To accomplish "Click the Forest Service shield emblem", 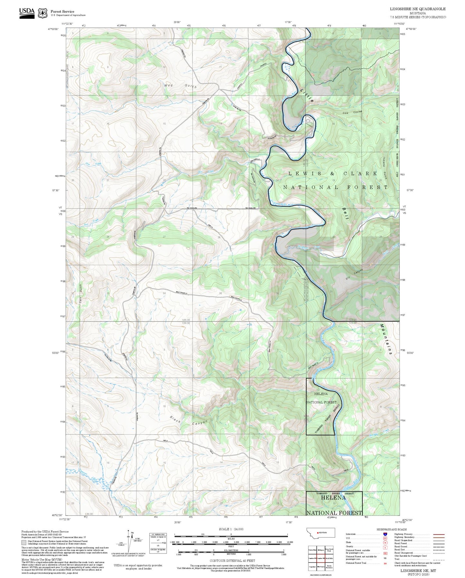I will [x=42, y=13].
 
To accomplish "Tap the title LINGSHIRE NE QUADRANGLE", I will [x=418, y=9].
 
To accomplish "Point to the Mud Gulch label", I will [x=180, y=86].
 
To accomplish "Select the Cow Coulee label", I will [x=352, y=113].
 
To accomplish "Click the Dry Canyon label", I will [x=354, y=274].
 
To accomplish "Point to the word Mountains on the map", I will [x=386, y=339].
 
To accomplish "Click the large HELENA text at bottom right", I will [x=333, y=497].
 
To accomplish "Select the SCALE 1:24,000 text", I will [x=231, y=529].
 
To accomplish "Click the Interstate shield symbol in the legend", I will [x=385, y=534].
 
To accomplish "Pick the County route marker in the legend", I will [x=385, y=547].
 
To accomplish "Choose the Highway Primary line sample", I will [x=439, y=534].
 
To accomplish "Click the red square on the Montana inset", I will [x=318, y=533].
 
